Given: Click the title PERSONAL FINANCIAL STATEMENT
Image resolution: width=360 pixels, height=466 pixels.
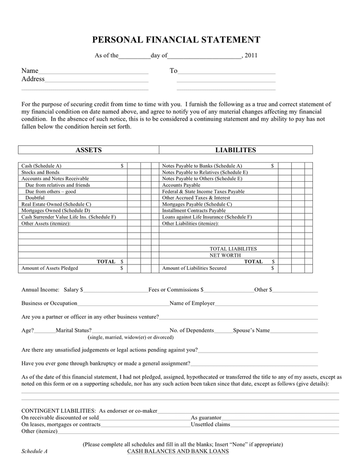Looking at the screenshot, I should [176, 40].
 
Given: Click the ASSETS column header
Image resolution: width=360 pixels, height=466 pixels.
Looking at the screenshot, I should [88, 150].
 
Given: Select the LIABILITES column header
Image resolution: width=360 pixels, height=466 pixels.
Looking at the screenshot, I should [235, 150].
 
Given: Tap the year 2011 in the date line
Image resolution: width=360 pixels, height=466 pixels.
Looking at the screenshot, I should [251, 55].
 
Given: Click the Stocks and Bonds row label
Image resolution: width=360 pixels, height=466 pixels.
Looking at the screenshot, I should [40, 172].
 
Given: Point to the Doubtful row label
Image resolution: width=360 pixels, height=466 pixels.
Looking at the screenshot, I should [35, 198].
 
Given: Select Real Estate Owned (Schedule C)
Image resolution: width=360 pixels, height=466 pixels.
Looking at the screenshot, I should [56, 205].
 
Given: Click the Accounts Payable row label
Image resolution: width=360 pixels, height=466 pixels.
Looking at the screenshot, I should [181, 185].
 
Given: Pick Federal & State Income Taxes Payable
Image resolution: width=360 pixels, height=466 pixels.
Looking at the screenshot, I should [203, 192].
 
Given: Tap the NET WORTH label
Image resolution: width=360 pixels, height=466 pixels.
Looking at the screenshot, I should [225, 255].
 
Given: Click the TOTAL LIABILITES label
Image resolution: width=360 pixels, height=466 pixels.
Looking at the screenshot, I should [233, 249].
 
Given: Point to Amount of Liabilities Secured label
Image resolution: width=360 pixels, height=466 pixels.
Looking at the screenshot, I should [194, 268].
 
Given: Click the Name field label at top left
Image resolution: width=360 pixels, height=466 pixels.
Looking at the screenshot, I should [29, 71].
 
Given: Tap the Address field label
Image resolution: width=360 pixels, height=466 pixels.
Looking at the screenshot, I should [33, 79].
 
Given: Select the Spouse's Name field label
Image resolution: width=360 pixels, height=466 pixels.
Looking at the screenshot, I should [251, 330].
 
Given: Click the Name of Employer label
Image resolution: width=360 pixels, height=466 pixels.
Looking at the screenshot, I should [192, 303].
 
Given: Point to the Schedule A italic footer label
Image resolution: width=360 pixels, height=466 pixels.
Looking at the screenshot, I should [34, 451].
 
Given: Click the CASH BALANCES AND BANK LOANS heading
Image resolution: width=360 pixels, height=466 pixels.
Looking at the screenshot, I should [178, 451].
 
